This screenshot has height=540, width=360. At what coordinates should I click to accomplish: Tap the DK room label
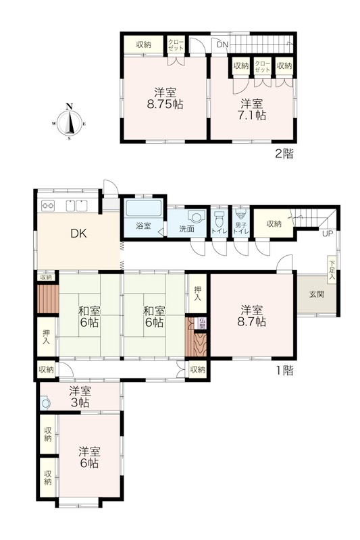[x=78, y=234]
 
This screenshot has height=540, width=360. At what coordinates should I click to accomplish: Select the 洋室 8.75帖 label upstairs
[x=165, y=98]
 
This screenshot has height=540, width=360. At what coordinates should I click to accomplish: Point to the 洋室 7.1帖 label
[x=251, y=109]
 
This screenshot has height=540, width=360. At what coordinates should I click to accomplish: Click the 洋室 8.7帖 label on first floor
[x=251, y=316]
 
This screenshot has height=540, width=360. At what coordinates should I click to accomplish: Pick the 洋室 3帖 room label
[x=80, y=396]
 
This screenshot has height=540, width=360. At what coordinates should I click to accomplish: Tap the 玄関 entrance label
[x=317, y=294]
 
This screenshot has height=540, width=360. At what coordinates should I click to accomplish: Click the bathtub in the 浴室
[x=144, y=208]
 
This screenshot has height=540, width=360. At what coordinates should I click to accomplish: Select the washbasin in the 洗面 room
[x=197, y=217]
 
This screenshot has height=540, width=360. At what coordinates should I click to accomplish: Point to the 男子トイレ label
[x=241, y=227]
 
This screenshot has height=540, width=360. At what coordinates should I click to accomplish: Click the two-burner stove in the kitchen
[x=48, y=206]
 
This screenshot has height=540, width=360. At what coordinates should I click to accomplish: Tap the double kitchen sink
[x=76, y=206]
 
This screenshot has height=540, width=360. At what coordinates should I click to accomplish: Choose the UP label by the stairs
[x=328, y=234]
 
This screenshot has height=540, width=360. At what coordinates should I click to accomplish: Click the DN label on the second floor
[x=222, y=45]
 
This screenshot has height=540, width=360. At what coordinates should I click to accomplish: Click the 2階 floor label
[x=284, y=154]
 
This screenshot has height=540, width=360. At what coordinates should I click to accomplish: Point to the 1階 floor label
[x=284, y=371]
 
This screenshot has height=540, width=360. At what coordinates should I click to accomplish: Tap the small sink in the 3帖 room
[x=45, y=402]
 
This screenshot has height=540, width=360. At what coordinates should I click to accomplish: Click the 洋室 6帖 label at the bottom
[x=89, y=457]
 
